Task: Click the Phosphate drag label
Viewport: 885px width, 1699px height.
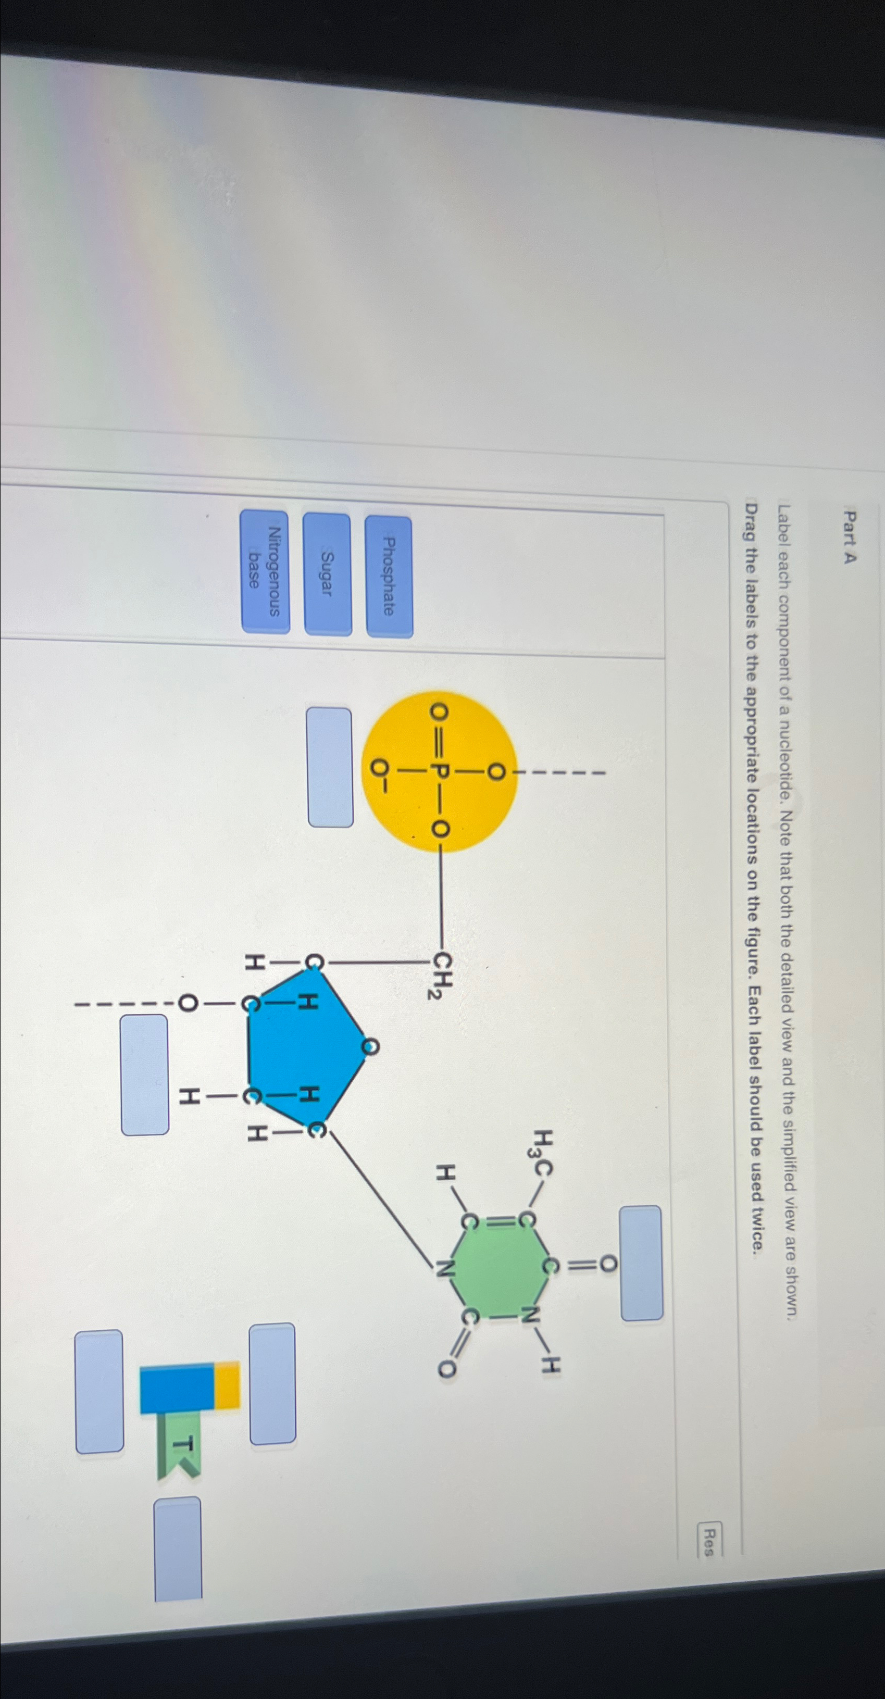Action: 389,577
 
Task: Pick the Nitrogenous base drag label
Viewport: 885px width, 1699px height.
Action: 265,571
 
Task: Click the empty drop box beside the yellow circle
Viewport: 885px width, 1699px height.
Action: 330,767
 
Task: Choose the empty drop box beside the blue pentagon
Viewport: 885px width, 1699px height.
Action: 144,1075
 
